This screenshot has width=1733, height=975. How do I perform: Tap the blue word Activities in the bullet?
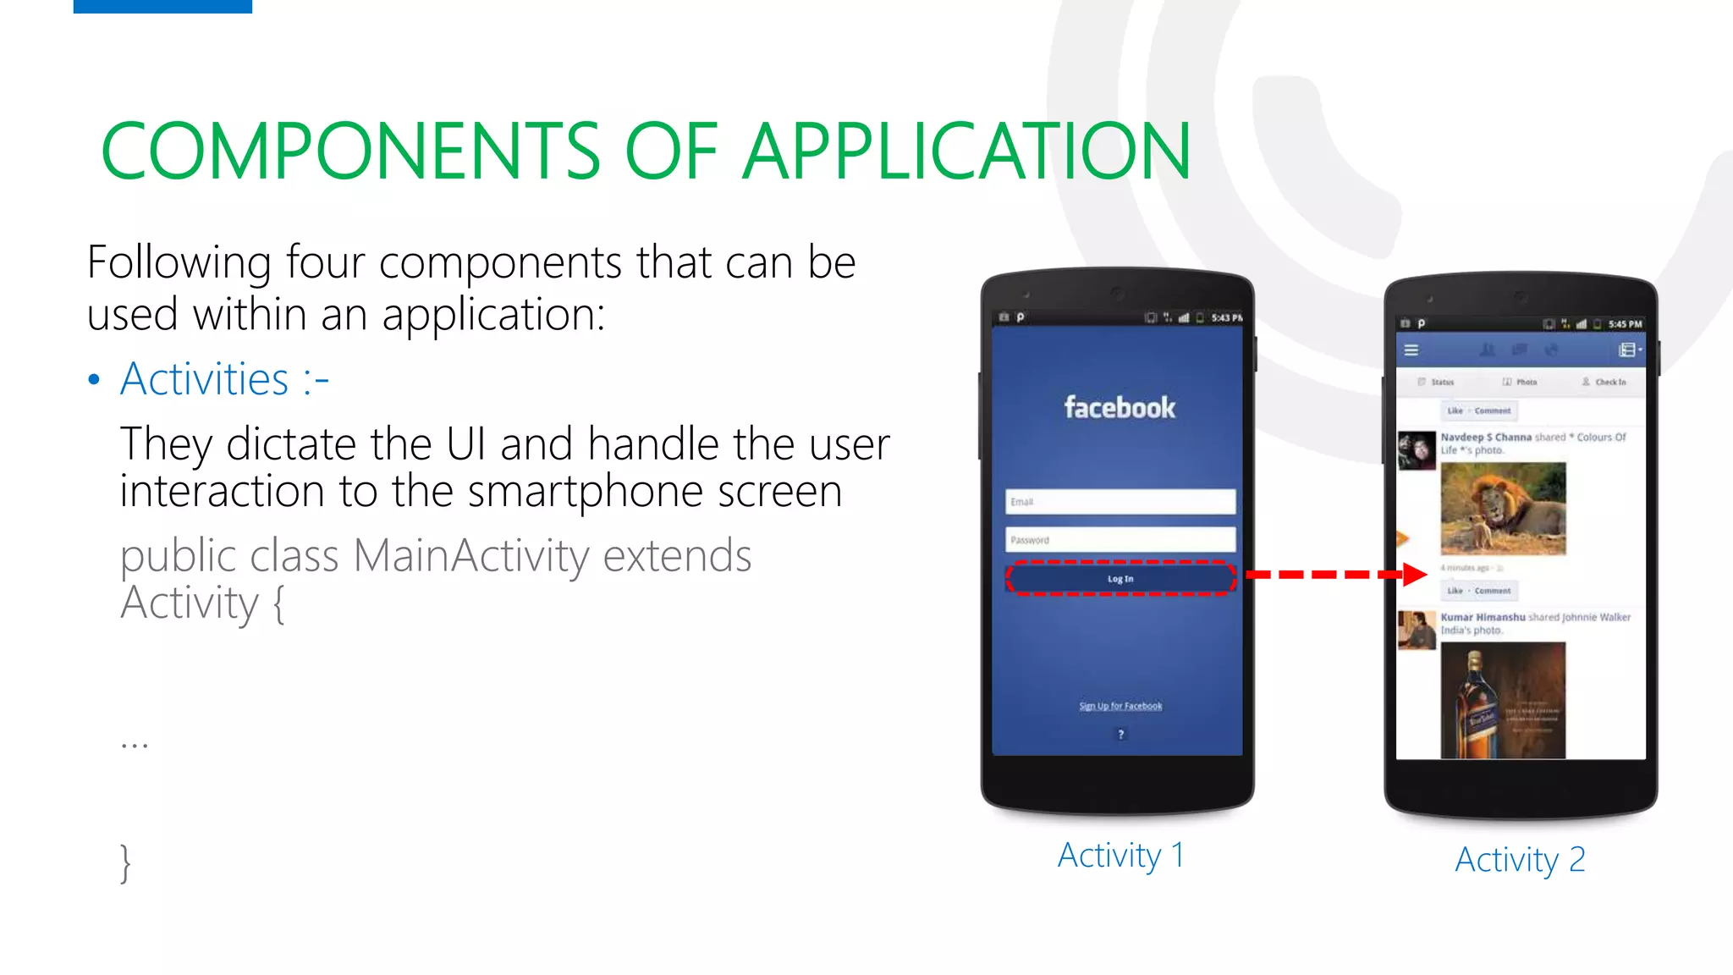(204, 379)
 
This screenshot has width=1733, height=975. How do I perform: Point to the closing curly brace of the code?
(125, 863)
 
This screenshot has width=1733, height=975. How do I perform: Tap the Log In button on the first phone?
(1120, 579)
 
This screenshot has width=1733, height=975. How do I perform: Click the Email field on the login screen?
(1120, 502)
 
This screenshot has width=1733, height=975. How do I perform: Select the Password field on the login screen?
(1120, 540)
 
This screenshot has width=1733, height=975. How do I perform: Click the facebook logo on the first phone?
(1120, 408)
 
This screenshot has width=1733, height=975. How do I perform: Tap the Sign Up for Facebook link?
(1120, 706)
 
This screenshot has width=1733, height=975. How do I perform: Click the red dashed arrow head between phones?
(1414, 575)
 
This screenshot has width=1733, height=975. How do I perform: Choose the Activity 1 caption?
(1120, 856)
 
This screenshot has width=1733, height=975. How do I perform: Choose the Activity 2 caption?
(1520, 860)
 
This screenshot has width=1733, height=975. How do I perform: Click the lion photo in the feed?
(1503, 509)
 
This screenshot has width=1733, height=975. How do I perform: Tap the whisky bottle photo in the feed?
(1503, 701)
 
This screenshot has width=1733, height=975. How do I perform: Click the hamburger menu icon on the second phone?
(1411, 350)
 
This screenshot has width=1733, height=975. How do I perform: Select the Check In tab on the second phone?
(1604, 383)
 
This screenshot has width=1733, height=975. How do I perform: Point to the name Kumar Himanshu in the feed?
(1483, 617)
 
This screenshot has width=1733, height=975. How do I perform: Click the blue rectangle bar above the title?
(162, 6)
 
